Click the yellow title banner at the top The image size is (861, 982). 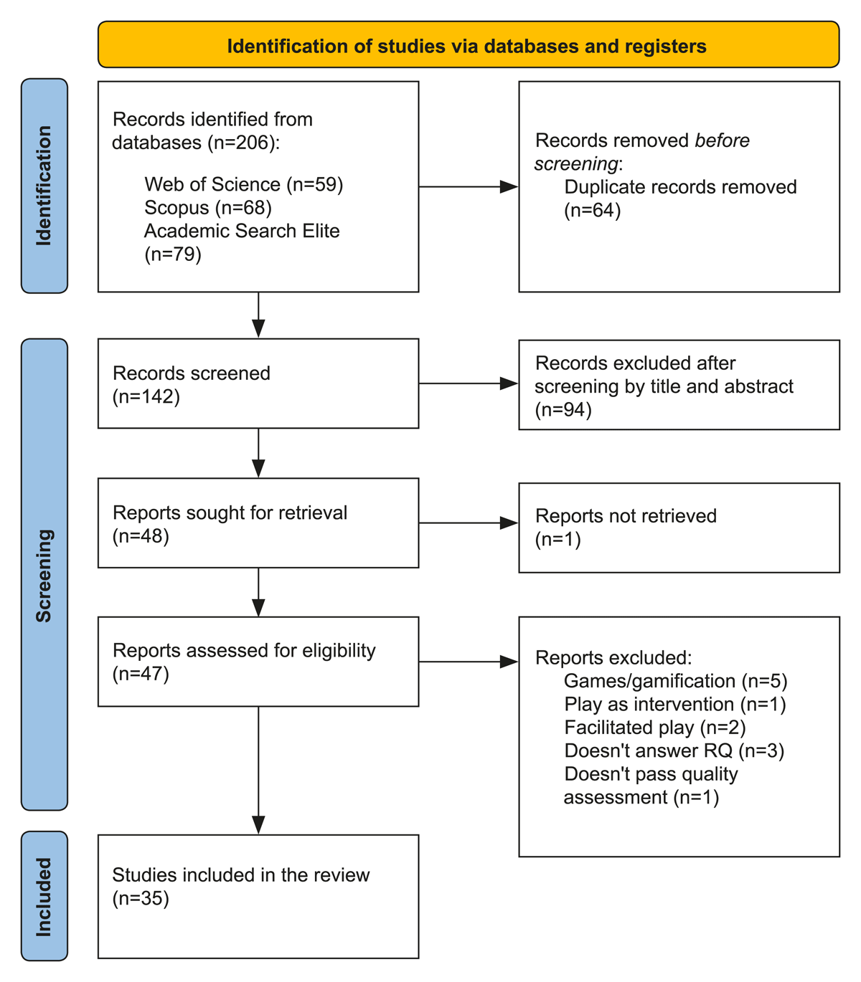[469, 44]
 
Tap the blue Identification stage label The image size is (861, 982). [44, 186]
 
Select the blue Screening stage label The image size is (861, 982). [44, 575]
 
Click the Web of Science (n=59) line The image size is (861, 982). [244, 184]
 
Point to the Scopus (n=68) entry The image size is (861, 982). [208, 207]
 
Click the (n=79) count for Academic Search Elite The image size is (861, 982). [173, 254]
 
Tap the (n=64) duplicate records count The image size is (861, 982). [593, 210]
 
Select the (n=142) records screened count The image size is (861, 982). [146, 396]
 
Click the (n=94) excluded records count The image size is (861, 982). [563, 409]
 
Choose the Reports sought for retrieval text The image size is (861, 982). [230, 513]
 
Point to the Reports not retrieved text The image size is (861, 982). [626, 516]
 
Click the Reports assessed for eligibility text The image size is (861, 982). [244, 651]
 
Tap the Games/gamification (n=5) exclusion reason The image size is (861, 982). [676, 681]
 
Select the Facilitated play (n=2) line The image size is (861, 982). [655, 728]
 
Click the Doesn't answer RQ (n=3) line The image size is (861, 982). [674, 750]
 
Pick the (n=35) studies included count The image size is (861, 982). [141, 898]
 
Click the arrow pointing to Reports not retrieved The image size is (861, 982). [469, 523]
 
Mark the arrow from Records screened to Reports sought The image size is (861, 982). [258, 453]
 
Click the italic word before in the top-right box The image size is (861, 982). [722, 140]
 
